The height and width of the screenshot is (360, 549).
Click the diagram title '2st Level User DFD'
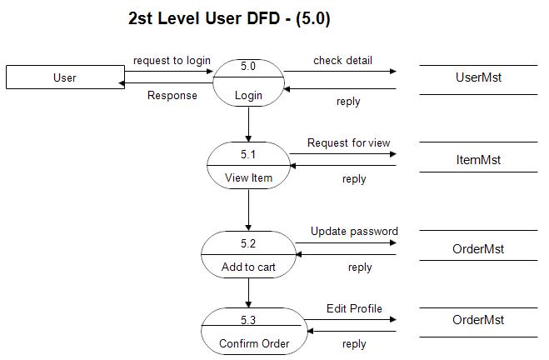click(229, 19)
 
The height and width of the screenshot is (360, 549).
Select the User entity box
click(64, 77)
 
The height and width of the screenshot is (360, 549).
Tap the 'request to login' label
click(172, 61)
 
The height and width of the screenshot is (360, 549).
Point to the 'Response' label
click(172, 95)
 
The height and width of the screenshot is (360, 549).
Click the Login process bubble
click(248, 80)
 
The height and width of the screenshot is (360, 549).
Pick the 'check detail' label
click(342, 61)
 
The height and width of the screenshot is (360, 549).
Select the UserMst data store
click(478, 77)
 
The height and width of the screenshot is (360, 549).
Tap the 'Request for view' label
click(348, 143)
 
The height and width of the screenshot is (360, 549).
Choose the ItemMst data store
click(478, 158)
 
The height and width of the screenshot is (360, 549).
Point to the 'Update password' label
click(354, 231)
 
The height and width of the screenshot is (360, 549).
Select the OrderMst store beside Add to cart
click(478, 248)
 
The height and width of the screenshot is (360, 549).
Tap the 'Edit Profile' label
click(354, 308)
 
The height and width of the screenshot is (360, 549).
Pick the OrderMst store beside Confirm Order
click(478, 320)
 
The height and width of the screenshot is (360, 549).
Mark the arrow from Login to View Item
click(248, 123)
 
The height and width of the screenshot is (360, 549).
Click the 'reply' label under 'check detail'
click(348, 102)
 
